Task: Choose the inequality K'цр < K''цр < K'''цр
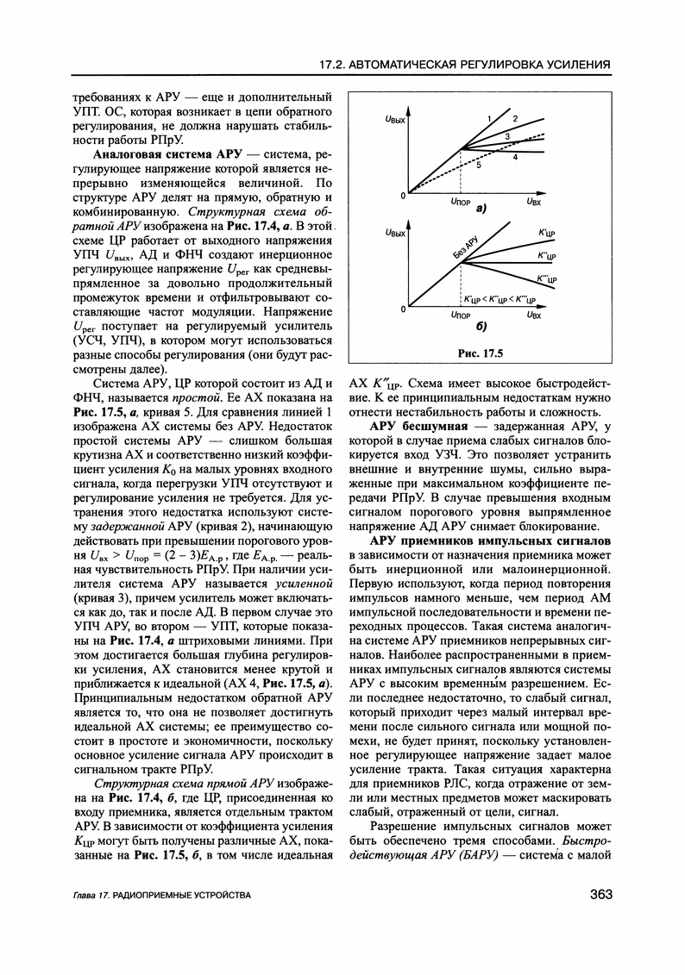500,298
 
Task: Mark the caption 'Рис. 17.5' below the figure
482,352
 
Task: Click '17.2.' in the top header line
332,65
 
